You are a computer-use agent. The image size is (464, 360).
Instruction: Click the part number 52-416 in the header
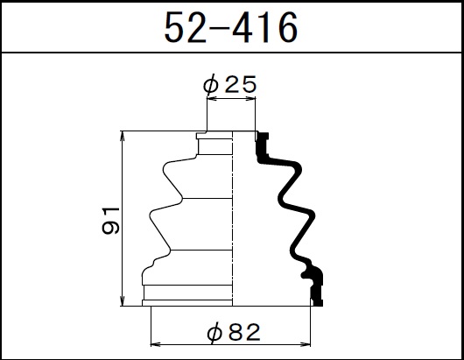(231, 27)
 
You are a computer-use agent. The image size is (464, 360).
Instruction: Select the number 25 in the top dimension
(241, 85)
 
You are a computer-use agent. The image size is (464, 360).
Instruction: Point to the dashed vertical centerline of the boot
(232, 219)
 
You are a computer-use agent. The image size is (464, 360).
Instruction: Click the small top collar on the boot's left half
(214, 145)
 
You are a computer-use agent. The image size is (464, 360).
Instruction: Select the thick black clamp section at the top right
(263, 144)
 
